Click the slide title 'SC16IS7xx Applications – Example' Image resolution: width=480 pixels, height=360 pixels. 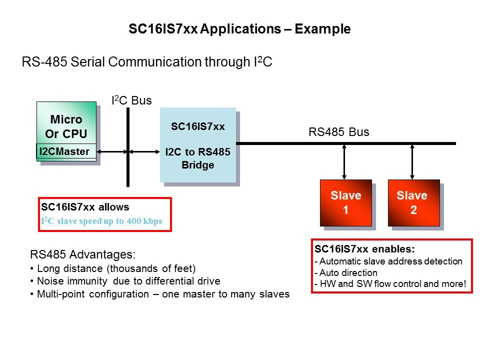[x=239, y=29]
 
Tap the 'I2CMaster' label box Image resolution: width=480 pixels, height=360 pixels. [x=65, y=151]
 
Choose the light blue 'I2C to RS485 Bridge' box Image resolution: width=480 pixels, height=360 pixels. [x=197, y=145]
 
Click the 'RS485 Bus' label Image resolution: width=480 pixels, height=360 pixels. [x=338, y=132]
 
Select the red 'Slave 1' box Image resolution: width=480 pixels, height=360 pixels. [x=345, y=202]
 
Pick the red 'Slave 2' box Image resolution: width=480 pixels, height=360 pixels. [x=413, y=202]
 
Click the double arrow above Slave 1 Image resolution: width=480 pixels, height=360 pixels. [x=344, y=161]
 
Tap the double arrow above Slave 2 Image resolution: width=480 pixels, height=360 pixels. [x=412, y=161]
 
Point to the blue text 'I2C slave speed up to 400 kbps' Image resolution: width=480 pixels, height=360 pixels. [x=101, y=221]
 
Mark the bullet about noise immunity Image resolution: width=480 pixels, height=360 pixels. [x=128, y=281]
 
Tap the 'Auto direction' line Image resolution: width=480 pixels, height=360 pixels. [x=345, y=273]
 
